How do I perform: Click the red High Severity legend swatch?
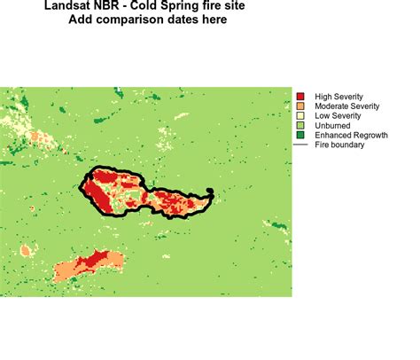point(301,96)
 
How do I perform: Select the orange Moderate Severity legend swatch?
point(301,106)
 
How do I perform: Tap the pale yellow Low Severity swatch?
point(301,115)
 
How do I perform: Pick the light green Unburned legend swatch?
point(301,125)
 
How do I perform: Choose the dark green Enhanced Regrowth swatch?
point(301,135)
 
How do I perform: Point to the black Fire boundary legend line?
point(301,145)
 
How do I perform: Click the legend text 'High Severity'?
point(338,96)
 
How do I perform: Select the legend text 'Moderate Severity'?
point(346,106)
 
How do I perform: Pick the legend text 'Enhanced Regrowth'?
point(350,135)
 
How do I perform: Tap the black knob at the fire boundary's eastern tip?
point(210,192)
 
